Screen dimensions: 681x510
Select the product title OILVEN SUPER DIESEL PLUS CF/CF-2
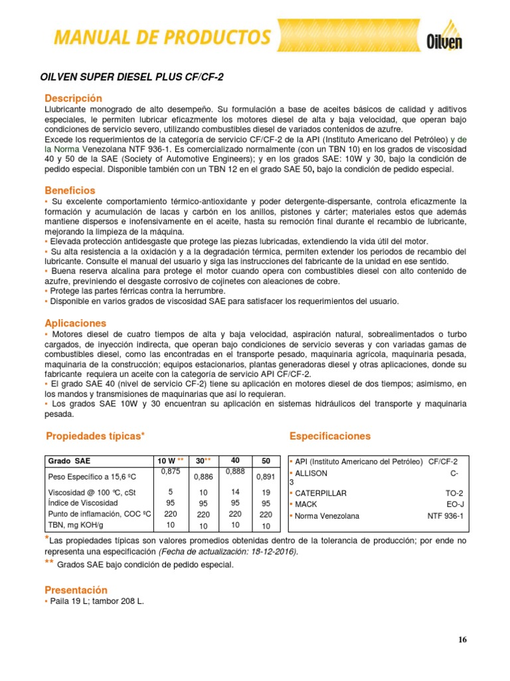click(x=132, y=77)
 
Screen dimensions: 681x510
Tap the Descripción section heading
click(x=74, y=98)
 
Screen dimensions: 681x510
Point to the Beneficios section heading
click(x=70, y=190)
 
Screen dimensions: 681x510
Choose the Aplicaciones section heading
click(x=75, y=323)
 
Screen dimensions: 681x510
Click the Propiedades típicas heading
click(x=95, y=436)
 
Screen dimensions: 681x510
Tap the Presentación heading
click(x=76, y=590)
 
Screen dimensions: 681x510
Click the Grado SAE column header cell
click(x=68, y=462)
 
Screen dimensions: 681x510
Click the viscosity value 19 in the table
click(x=266, y=493)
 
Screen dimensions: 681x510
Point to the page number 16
click(x=462, y=640)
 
